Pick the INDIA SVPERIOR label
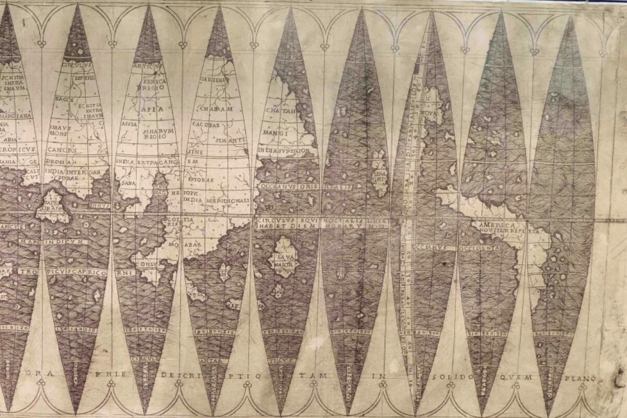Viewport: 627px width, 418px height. (287, 151)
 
